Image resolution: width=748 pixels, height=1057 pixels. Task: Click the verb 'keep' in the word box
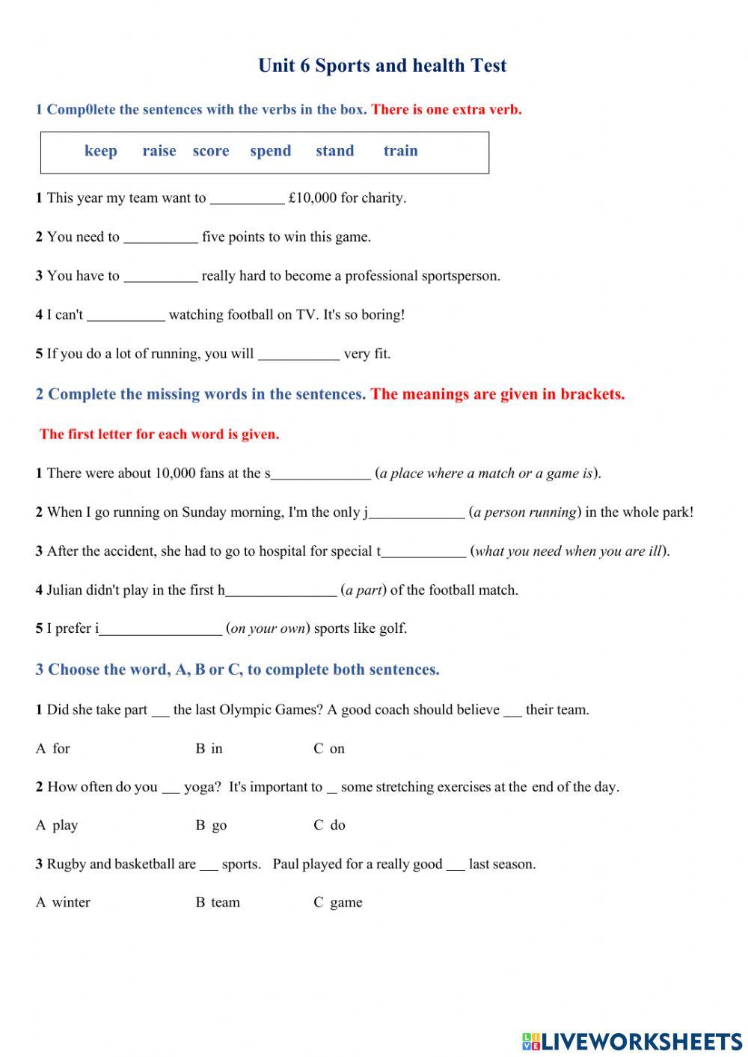(101, 151)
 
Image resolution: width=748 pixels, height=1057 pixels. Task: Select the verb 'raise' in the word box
(159, 151)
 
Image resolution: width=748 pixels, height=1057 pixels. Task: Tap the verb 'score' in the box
(211, 151)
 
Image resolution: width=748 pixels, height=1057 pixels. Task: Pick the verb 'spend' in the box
(270, 151)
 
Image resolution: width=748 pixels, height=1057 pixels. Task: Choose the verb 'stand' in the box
(334, 151)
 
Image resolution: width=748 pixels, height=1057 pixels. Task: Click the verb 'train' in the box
(400, 151)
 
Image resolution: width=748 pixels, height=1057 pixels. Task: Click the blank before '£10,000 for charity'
(247, 199)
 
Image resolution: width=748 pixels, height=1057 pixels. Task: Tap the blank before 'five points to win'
(160, 238)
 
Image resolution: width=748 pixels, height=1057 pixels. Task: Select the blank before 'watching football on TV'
(126, 316)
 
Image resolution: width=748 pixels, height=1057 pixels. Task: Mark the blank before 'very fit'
(298, 355)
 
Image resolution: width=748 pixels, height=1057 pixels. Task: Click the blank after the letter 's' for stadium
(321, 474)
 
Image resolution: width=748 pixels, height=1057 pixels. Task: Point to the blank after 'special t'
(423, 552)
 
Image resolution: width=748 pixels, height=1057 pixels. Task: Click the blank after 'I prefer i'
(160, 630)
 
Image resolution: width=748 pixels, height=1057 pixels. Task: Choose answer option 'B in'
(209, 749)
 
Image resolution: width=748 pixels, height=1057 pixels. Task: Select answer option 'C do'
(330, 825)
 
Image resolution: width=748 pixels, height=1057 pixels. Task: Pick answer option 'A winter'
(64, 903)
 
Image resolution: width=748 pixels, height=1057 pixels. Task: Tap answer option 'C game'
(338, 903)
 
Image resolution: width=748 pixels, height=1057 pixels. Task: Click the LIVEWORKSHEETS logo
(632, 1041)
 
